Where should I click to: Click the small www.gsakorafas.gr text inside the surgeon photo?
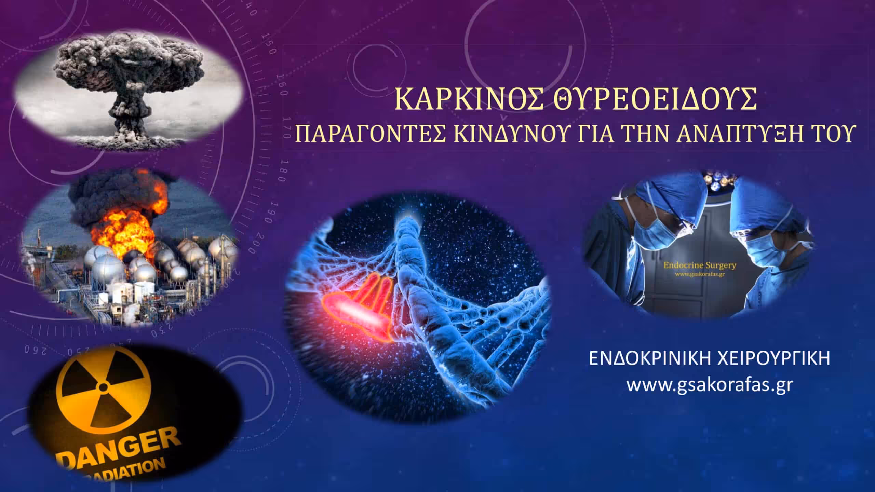(x=697, y=274)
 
